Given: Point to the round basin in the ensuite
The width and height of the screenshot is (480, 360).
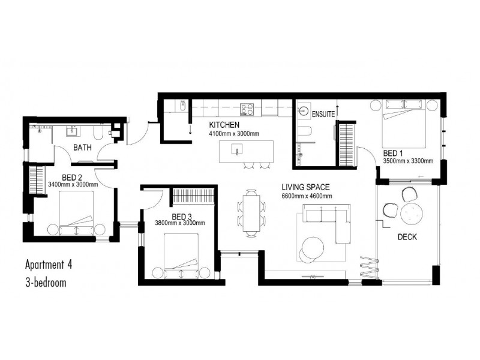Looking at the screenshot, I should (305, 111).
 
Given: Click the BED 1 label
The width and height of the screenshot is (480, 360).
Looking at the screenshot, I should (393, 153).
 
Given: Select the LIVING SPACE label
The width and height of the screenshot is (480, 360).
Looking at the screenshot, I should (306, 187).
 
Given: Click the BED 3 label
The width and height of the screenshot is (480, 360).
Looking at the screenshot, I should (182, 217).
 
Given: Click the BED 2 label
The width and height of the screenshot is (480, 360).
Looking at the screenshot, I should (71, 177).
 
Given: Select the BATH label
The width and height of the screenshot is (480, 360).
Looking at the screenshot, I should (82, 147).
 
